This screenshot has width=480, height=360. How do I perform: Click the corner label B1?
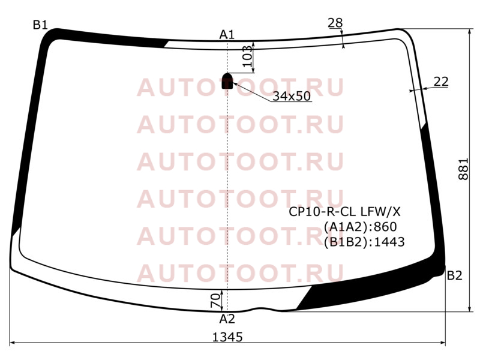point(40,25)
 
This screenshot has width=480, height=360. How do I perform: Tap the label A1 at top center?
point(227,35)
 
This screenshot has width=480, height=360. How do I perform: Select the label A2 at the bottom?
point(227,319)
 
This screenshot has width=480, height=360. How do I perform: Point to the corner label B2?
point(454,275)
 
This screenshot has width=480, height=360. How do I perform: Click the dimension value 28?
point(335,23)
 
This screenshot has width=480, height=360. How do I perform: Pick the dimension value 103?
point(247,56)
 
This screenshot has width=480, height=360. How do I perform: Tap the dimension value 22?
point(441,82)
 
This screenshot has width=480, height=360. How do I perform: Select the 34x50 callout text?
point(292,96)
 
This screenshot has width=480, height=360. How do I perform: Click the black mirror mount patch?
point(227,81)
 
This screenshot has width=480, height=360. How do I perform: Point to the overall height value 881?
point(463,169)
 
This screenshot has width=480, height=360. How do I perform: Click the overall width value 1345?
point(227,337)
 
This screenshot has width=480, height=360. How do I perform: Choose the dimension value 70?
point(215,301)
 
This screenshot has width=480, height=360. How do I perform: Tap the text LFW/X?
point(380,212)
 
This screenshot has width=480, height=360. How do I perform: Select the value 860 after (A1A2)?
point(385,227)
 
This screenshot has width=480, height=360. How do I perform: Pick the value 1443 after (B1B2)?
point(389,242)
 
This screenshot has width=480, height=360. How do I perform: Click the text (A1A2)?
point(347,227)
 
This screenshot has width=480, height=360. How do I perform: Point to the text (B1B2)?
point(347,242)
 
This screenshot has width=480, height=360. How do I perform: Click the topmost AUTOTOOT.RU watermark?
point(241,87)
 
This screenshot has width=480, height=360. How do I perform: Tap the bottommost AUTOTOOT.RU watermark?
point(241,273)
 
